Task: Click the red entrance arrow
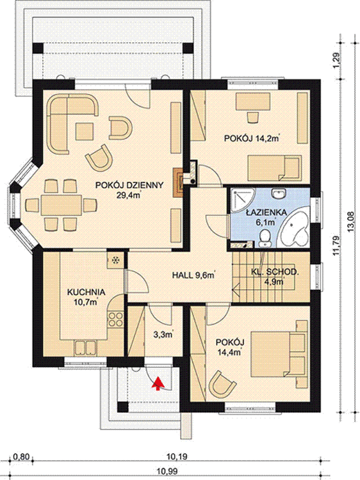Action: click(158, 383)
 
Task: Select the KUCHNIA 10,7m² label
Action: click(86, 296)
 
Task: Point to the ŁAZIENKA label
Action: click(266, 212)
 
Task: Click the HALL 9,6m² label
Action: click(193, 275)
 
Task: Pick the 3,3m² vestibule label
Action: click(163, 334)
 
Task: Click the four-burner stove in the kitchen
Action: click(115, 319)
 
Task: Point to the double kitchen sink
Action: click(86, 349)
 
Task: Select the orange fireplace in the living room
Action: click(179, 182)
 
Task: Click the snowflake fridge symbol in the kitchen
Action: click(116, 260)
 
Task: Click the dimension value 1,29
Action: click(336, 60)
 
